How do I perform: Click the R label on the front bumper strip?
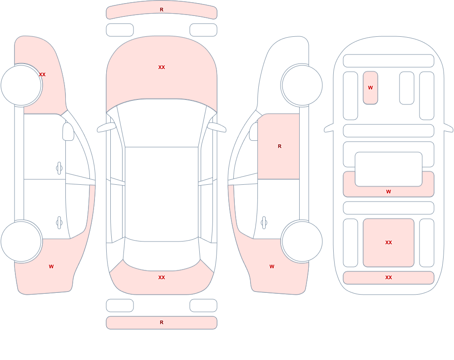(162, 10)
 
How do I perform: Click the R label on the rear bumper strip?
(162, 322)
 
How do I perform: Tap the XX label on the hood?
(162, 67)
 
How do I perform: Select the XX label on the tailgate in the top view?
(162, 277)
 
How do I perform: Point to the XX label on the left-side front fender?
(42, 74)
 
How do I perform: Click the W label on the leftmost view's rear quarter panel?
(51, 266)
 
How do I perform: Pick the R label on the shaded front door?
(279, 146)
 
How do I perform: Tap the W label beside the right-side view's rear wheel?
(272, 266)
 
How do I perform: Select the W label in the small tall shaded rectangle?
(370, 88)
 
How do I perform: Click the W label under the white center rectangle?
(389, 192)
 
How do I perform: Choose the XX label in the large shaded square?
(389, 242)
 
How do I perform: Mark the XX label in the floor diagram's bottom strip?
(389, 277)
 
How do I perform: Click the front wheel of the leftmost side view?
(21, 85)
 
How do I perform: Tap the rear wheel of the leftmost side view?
(21, 241)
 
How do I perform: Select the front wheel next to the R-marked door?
(302, 85)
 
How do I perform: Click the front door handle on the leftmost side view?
(59, 168)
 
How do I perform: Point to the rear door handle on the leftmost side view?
(59, 223)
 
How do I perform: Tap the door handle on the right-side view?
(264, 223)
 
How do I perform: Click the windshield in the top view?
(162, 122)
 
